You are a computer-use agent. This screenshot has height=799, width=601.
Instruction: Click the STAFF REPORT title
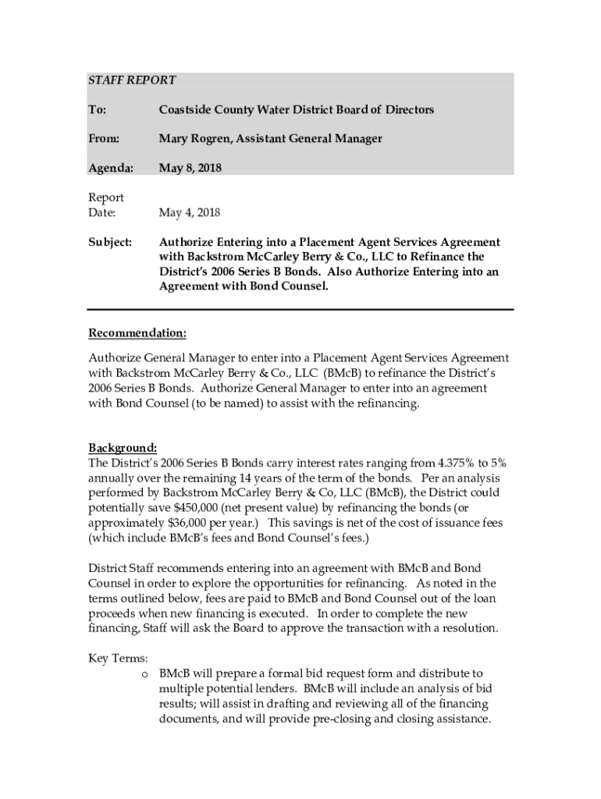tap(132, 80)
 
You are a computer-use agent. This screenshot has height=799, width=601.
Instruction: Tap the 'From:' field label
tap(104, 138)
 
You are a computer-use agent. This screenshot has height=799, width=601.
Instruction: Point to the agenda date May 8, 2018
tap(190, 167)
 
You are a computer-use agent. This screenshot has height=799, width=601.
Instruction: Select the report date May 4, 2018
tap(190, 212)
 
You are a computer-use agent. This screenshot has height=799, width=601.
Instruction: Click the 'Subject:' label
tap(110, 242)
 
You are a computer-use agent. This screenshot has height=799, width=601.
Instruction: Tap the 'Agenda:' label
tap(110, 167)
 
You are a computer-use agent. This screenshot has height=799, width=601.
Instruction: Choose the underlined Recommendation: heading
tap(137, 334)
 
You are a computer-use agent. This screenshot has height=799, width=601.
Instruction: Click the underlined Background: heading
tap(123, 448)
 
